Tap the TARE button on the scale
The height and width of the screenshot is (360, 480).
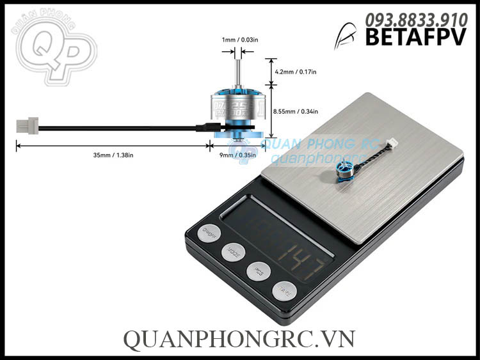tap(283, 291)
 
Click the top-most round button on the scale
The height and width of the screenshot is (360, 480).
tap(208, 233)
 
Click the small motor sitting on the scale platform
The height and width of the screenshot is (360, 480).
tap(344, 170)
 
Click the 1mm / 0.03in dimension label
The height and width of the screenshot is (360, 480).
tap(240, 40)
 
